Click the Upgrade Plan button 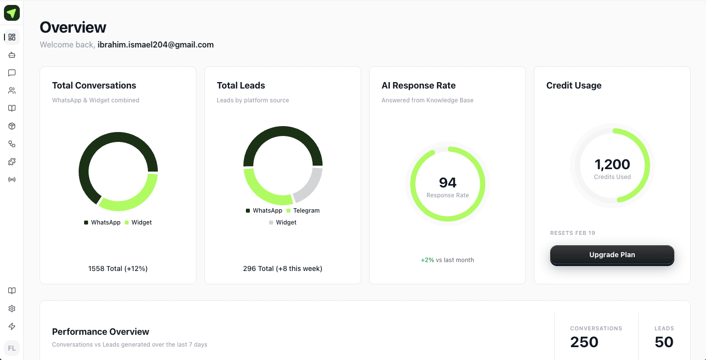click(x=612, y=255)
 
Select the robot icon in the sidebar click(x=12, y=55)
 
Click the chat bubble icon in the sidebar click(x=12, y=73)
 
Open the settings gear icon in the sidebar click(x=12, y=309)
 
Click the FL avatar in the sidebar click(x=12, y=348)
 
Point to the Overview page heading click(x=73, y=27)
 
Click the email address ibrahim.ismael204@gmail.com click(x=155, y=45)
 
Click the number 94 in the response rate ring click(x=447, y=182)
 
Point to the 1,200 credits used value click(x=612, y=164)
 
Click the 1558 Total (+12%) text click(x=118, y=269)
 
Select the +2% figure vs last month click(x=427, y=260)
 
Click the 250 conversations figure click(x=584, y=342)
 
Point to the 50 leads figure click(x=664, y=342)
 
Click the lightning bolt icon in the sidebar click(x=12, y=326)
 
